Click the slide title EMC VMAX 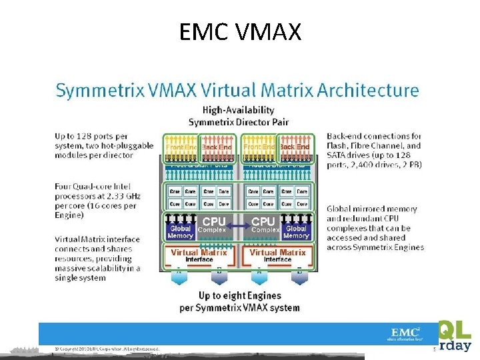[240, 31]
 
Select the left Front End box [180, 147]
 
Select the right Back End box [294, 147]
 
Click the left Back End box [217, 147]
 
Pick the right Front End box [259, 147]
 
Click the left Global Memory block [180, 231]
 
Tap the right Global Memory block [296, 231]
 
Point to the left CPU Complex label [214, 225]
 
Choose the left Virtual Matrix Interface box [199, 255]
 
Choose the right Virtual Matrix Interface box [277, 255]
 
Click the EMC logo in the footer [405, 333]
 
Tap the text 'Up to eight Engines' [239, 295]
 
